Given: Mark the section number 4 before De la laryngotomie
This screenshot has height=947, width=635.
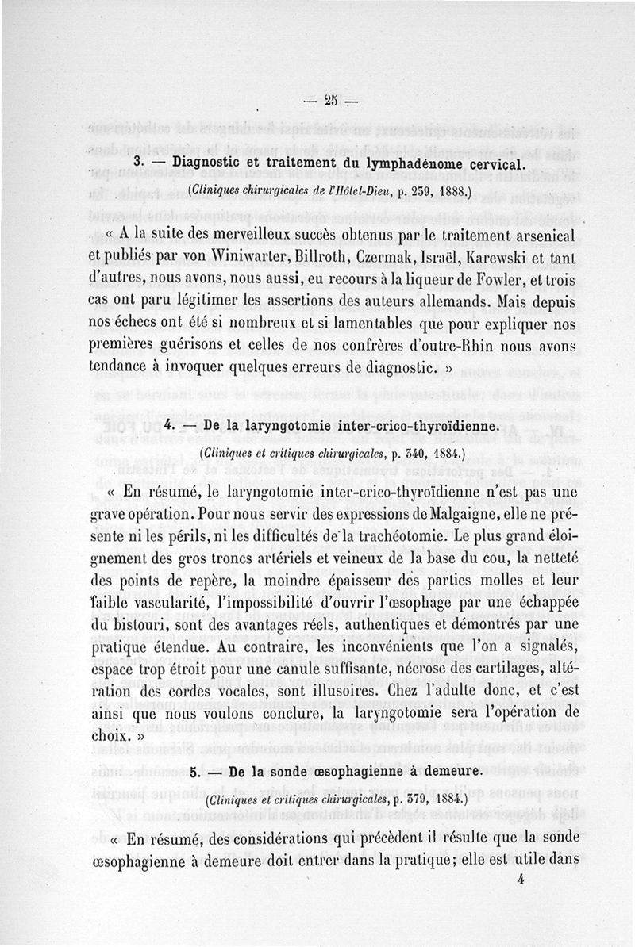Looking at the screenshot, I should click(167, 428).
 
